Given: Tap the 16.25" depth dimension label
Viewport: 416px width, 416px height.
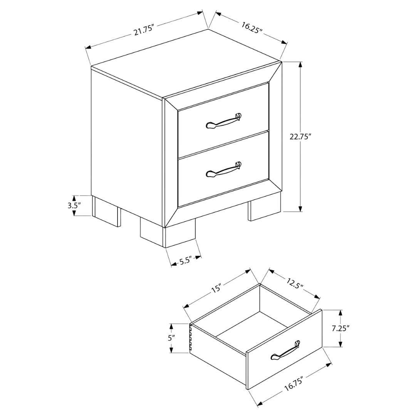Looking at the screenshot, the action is (x=252, y=28).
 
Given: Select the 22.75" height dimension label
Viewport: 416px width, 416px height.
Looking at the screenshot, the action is (x=300, y=137).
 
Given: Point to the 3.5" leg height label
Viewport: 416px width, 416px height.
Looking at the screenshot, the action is (x=74, y=205).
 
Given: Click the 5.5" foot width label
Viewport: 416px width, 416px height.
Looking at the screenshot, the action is (x=186, y=261).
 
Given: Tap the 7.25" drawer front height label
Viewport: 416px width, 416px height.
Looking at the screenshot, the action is (x=341, y=329).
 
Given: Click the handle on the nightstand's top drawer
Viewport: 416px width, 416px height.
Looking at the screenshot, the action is (x=224, y=121).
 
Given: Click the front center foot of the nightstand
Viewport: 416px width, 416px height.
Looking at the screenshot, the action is (x=168, y=232).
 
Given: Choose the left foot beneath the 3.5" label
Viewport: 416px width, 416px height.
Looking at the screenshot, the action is (x=106, y=211).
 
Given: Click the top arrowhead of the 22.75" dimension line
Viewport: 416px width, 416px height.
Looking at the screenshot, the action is (x=300, y=65).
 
